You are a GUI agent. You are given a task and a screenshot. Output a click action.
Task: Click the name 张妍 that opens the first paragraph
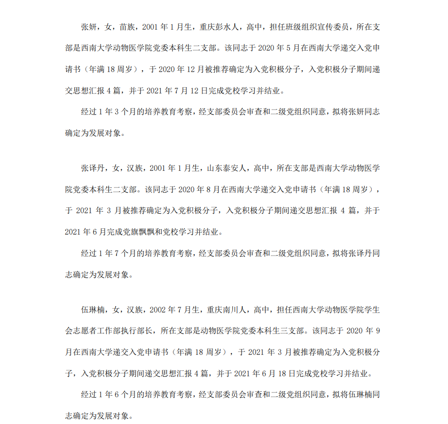pyautogui.click(x=88, y=26)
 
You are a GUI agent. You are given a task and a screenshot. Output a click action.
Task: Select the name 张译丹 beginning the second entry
pyautogui.click(x=92, y=168)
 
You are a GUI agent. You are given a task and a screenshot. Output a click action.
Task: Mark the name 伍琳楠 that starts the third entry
pyautogui.click(x=92, y=310)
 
